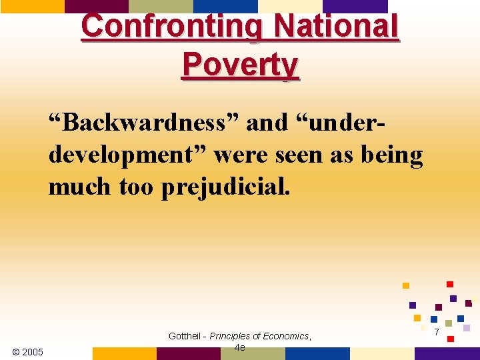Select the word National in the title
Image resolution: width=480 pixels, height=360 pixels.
336,27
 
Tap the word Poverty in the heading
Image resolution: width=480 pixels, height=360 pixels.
241,65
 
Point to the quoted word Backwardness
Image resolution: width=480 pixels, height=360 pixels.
143,123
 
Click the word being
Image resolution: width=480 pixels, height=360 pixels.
393,155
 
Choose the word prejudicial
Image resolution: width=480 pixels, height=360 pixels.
225,187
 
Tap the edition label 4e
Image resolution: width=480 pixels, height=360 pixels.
239,347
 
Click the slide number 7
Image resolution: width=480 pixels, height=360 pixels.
436,332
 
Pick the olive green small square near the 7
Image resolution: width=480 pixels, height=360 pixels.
449,323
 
